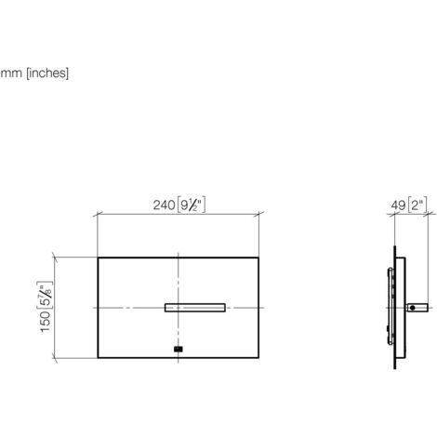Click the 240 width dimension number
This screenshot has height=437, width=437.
pyautogui.click(x=164, y=205)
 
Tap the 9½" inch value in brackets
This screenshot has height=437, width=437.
pyautogui.click(x=191, y=205)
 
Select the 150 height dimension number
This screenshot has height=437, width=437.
pyautogui.click(x=46, y=322)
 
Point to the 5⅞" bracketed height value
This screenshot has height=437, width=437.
pyautogui.click(x=46, y=295)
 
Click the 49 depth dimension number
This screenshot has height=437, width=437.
pyautogui.click(x=398, y=205)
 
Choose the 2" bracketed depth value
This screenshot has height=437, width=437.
pyautogui.click(x=417, y=205)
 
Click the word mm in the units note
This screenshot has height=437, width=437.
pyautogui.click(x=11, y=73)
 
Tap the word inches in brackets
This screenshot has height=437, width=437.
pyautogui.click(x=47, y=73)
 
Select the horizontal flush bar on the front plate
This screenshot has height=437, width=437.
pyautogui.click(x=195, y=308)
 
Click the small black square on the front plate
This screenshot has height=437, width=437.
pyautogui.click(x=179, y=350)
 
